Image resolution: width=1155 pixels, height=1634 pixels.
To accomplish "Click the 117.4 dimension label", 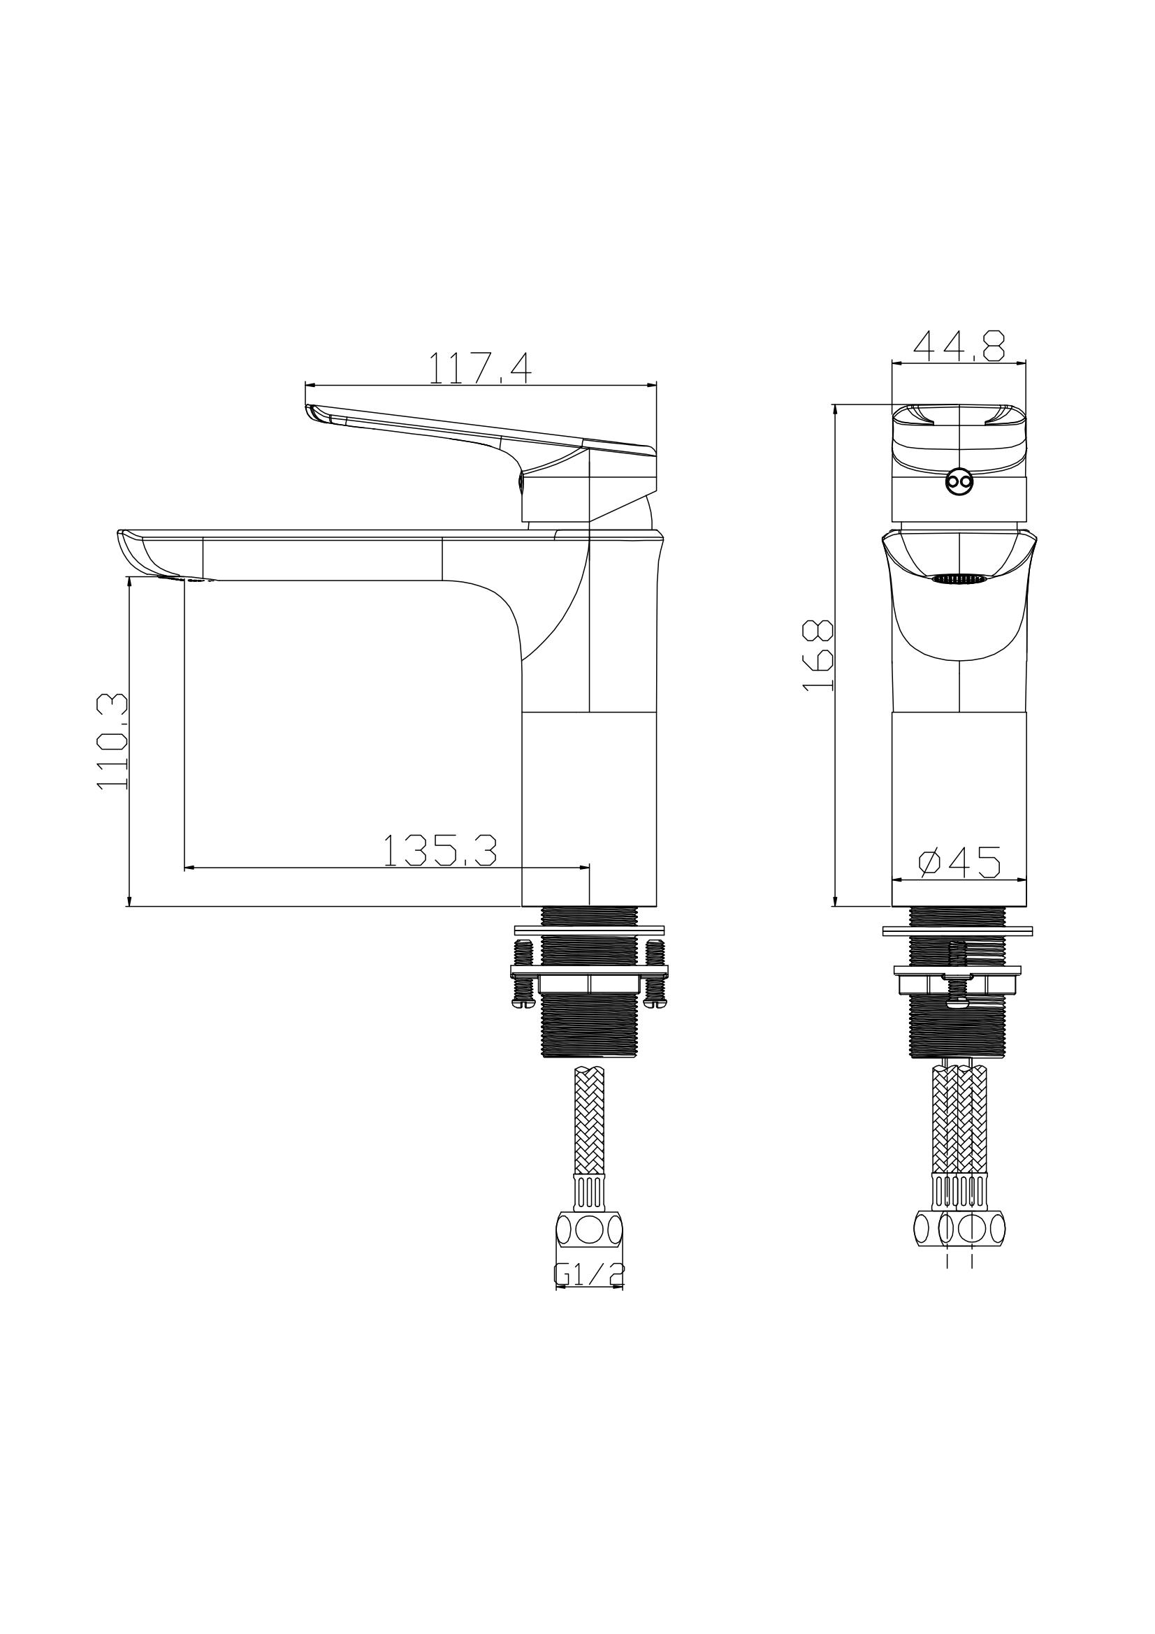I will pyautogui.click(x=479, y=369).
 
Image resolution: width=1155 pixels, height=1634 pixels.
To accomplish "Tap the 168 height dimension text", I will pyautogui.click(x=818, y=655).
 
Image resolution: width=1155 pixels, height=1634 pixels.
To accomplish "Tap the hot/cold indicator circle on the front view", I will pyautogui.click(x=959, y=483).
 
